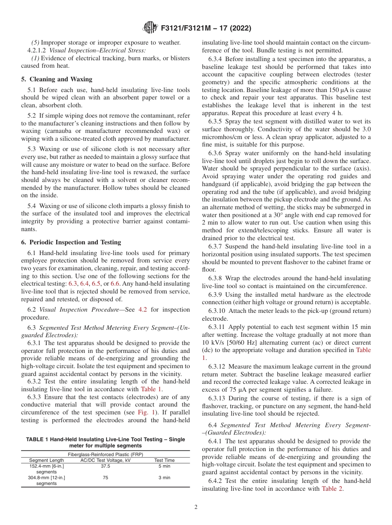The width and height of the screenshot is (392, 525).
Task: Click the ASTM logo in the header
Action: (x=150, y=28)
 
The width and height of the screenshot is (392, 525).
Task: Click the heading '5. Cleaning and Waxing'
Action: (x=57, y=79)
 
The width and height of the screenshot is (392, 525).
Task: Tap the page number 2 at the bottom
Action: (x=196, y=507)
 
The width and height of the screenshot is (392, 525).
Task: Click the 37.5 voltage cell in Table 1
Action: (x=106, y=466)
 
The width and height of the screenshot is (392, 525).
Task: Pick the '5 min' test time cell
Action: (x=164, y=466)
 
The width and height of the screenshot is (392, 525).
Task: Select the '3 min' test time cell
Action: (x=164, y=478)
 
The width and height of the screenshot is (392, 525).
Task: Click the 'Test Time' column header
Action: (x=164, y=460)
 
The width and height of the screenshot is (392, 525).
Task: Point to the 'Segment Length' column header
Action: (x=46, y=460)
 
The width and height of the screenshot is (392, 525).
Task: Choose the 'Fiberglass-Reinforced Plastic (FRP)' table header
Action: (x=106, y=454)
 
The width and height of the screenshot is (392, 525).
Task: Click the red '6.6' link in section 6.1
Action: (x=115, y=284)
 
